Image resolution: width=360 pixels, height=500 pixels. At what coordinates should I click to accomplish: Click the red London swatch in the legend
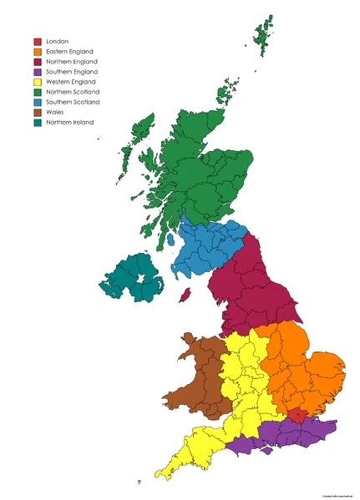pyautogui.click(x=38, y=42)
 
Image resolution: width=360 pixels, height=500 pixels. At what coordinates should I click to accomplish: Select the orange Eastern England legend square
pyautogui.click(x=38, y=52)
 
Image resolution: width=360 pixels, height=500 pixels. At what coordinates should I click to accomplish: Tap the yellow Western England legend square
pyautogui.click(x=38, y=82)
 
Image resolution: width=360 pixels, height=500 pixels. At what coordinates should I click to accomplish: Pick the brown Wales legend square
pyautogui.click(x=38, y=112)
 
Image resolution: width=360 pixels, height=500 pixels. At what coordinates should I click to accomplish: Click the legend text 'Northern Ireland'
pyautogui.click(x=70, y=122)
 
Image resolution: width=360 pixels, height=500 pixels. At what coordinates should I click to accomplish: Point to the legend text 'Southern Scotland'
pyautogui.click(x=74, y=102)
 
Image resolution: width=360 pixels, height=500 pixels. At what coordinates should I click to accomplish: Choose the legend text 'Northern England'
pyautogui.click(x=72, y=62)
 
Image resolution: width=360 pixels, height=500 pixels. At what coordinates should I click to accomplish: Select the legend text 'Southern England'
pyautogui.click(x=72, y=72)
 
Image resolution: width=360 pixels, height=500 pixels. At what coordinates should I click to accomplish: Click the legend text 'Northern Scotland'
pyautogui.click(x=74, y=92)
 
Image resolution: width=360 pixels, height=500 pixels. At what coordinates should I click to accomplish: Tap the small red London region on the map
pyautogui.click(x=297, y=416)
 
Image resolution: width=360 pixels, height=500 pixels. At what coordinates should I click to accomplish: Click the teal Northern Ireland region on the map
pyautogui.click(x=132, y=280)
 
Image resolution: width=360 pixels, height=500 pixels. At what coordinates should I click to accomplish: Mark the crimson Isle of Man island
pyautogui.click(x=185, y=295)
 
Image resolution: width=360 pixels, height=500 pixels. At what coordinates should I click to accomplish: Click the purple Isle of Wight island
pyautogui.click(x=266, y=451)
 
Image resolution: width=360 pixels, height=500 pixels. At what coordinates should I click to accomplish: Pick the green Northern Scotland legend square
pyautogui.click(x=38, y=92)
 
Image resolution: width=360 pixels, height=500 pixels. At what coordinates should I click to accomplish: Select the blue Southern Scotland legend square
pyautogui.click(x=38, y=102)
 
